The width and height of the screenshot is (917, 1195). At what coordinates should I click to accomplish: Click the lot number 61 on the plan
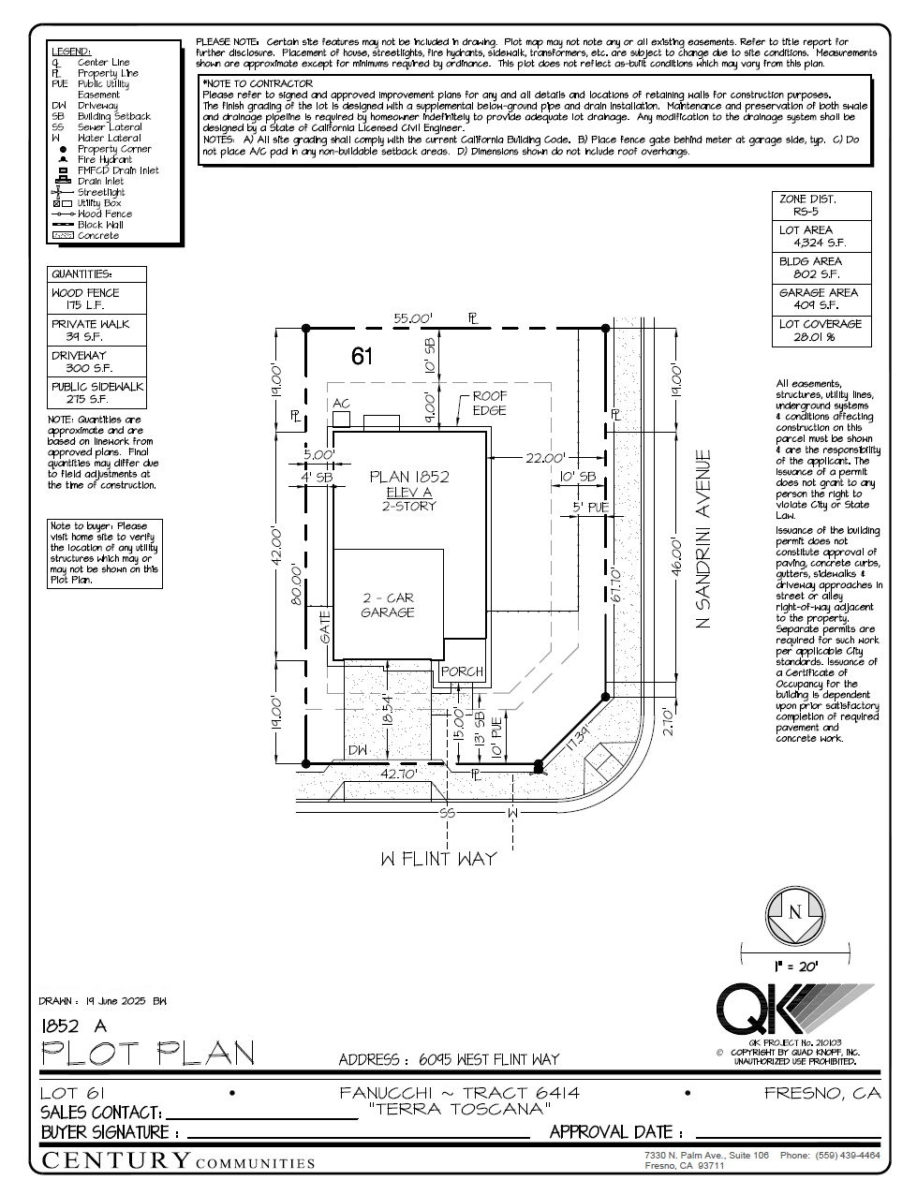(362, 356)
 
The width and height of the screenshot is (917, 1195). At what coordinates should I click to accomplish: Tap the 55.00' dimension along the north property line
(412, 318)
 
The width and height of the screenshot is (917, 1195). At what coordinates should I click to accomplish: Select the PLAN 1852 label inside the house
(409, 477)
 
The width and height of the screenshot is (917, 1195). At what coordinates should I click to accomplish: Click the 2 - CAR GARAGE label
(388, 605)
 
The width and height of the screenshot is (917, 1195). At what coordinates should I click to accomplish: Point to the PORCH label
(462, 671)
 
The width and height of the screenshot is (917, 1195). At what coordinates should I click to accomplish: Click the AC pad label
(341, 404)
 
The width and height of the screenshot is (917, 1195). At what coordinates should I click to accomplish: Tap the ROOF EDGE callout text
(489, 404)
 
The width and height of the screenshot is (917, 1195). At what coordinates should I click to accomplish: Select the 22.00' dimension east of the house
(545, 458)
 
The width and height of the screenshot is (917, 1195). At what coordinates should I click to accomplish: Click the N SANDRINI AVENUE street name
(704, 538)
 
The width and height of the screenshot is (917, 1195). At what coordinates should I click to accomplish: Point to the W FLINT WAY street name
(438, 859)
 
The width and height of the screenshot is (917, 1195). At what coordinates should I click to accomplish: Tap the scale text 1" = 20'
(795, 966)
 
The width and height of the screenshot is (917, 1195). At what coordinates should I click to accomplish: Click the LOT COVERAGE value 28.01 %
(813, 337)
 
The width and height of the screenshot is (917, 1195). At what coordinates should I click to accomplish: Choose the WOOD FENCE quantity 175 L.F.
(85, 305)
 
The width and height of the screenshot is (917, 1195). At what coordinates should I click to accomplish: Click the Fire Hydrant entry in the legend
(104, 160)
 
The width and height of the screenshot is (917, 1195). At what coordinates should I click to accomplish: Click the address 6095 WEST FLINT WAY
(488, 1059)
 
